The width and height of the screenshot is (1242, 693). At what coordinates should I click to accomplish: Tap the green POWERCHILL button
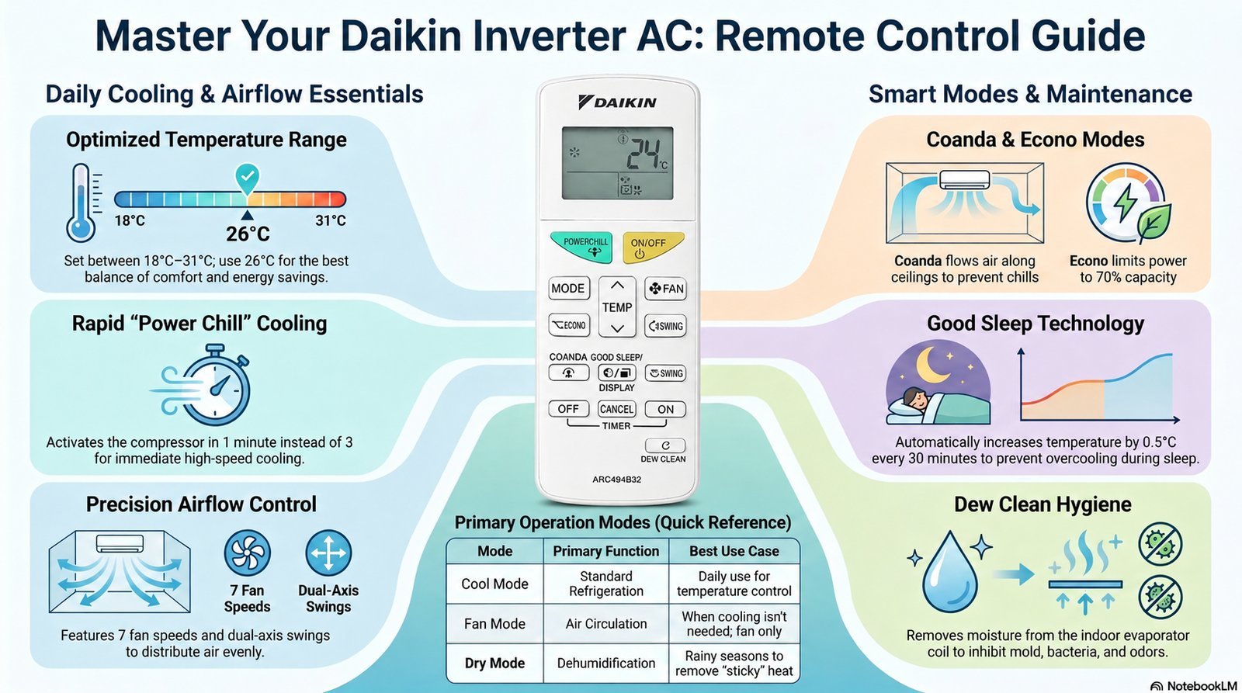(x=581, y=247)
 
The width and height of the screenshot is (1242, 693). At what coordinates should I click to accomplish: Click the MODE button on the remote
(x=568, y=288)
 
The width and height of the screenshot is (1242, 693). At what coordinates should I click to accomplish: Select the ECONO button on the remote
(x=569, y=325)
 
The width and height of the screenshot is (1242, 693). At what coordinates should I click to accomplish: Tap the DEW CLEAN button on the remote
(x=665, y=445)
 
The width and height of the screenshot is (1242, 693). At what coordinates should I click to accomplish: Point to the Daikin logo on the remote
(x=617, y=102)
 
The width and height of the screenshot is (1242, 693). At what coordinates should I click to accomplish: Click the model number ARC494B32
(x=616, y=480)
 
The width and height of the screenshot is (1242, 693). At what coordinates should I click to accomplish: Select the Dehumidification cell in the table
(x=606, y=663)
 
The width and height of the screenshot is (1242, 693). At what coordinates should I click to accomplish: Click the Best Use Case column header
(x=734, y=551)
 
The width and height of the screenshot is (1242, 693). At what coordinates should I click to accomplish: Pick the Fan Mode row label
(x=494, y=624)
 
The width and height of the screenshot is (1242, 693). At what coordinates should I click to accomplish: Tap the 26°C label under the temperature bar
(x=248, y=234)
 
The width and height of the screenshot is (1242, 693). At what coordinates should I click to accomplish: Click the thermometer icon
(x=82, y=203)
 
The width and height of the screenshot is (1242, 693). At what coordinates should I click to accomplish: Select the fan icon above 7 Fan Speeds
(x=248, y=553)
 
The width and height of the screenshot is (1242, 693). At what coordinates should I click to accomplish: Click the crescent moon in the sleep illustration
(x=933, y=364)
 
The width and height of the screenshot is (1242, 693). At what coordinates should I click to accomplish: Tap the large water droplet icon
(x=950, y=573)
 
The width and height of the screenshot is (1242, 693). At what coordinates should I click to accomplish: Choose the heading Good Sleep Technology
(x=1036, y=324)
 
